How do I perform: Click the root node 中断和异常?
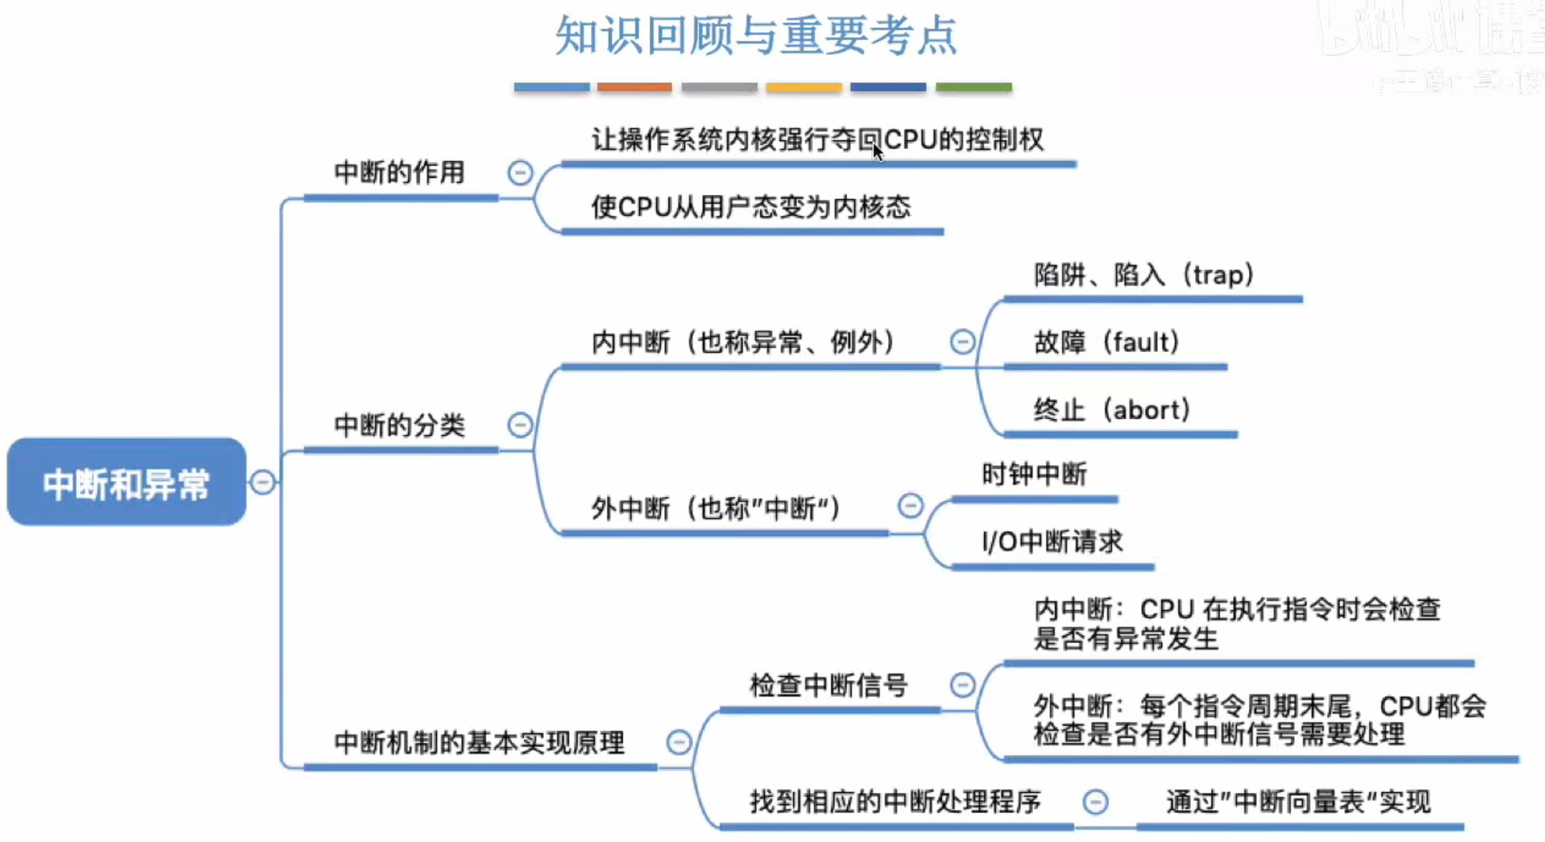[126, 483]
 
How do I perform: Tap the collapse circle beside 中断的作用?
[519, 173]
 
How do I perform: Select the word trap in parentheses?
[1217, 275]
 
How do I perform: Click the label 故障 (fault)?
[1106, 343]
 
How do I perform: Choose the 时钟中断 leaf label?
[1033, 474]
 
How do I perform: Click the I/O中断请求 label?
[1051, 542]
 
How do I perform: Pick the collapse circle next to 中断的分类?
[519, 425]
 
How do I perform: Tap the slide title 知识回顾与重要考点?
[756, 36]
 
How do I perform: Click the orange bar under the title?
[634, 87]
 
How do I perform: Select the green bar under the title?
[973, 87]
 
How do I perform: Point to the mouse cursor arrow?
[878, 152]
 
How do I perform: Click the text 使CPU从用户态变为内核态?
[751, 207]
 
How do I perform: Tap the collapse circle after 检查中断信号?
[962, 685]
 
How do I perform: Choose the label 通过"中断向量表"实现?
[1298, 802]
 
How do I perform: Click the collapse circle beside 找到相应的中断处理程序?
[1095, 802]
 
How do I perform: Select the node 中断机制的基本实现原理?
[479, 742]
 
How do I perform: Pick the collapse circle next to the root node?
[263, 482]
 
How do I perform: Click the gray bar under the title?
[718, 87]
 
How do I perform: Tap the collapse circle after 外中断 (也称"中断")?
[910, 506]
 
